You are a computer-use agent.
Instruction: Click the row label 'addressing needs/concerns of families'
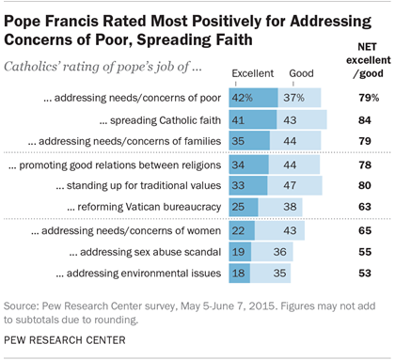[138, 140]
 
